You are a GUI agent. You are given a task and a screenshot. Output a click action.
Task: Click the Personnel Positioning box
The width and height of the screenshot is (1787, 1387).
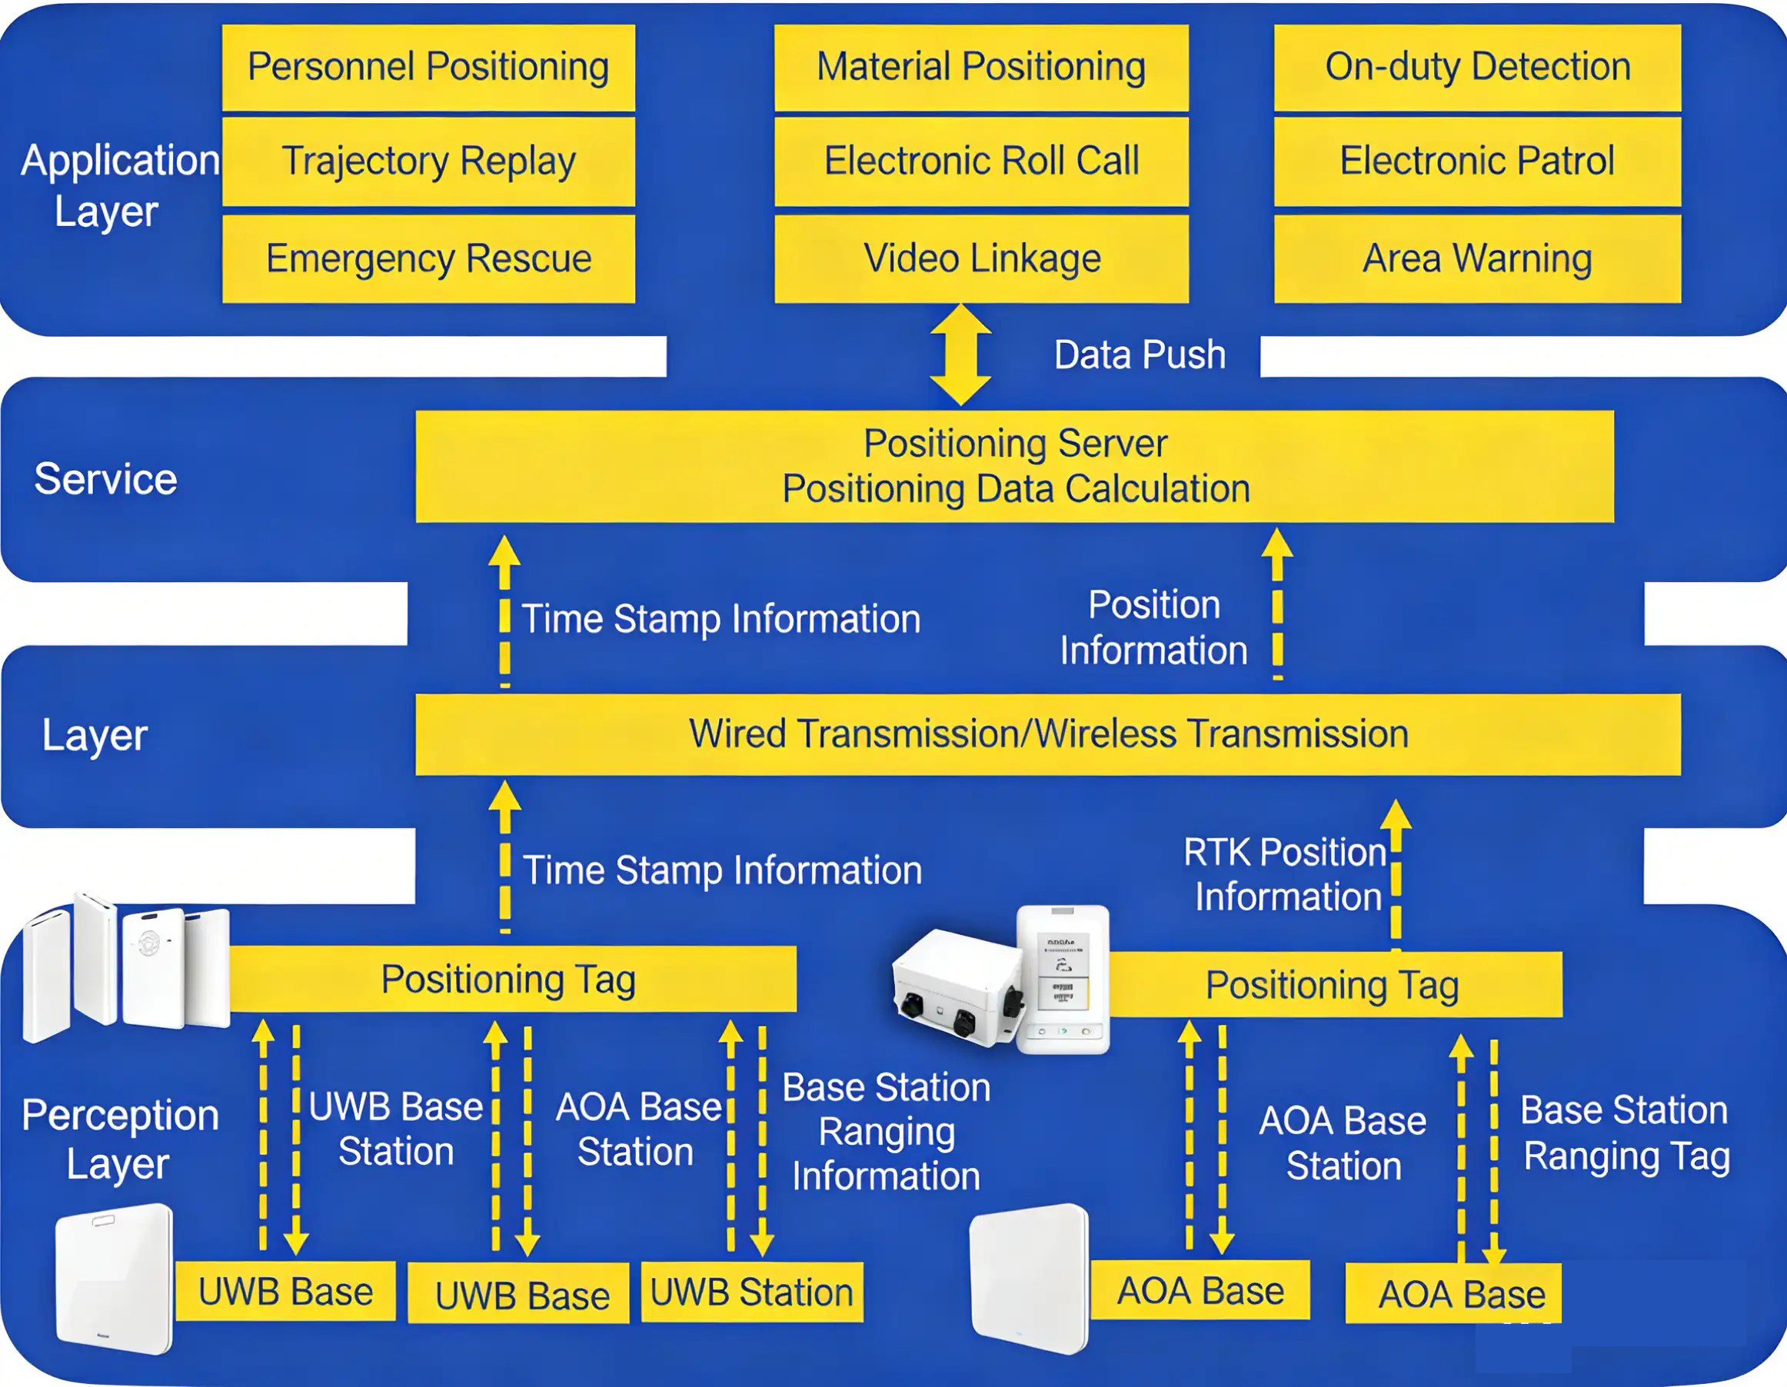pyautogui.click(x=428, y=67)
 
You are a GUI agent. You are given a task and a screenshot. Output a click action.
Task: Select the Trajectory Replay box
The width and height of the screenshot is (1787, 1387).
pyautogui.click(x=428, y=161)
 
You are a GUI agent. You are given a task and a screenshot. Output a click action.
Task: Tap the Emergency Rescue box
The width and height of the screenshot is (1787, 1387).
pyautogui.click(x=428, y=258)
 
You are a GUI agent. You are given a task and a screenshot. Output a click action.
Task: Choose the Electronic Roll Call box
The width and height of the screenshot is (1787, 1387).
pyautogui.click(x=981, y=161)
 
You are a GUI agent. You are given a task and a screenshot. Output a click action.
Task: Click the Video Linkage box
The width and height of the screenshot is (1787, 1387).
pyautogui.click(x=981, y=258)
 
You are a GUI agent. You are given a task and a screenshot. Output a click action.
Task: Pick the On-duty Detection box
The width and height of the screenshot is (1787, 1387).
pyautogui.click(x=1477, y=67)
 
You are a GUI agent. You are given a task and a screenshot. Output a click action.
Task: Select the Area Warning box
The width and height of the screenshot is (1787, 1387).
pyautogui.click(x=1477, y=258)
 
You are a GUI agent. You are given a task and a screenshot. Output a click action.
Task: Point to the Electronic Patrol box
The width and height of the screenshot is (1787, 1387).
pyautogui.click(x=1477, y=161)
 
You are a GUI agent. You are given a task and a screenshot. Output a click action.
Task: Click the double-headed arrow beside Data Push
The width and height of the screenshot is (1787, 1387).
pyautogui.click(x=960, y=354)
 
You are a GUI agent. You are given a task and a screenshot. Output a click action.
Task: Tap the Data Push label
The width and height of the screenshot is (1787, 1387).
pyautogui.click(x=1139, y=355)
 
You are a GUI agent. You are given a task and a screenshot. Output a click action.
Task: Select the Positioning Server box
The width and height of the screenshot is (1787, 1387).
pyautogui.click(x=1014, y=467)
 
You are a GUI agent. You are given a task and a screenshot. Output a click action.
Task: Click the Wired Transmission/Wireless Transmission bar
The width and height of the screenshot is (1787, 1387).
pyautogui.click(x=1047, y=734)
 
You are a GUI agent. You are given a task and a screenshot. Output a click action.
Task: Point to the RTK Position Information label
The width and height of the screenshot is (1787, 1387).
pyautogui.click(x=1286, y=874)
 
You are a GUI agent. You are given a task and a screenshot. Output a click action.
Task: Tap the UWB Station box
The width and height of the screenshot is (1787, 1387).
pyautogui.click(x=751, y=1292)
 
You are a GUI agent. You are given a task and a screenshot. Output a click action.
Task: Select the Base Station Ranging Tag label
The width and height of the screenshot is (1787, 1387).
pyautogui.click(x=1625, y=1133)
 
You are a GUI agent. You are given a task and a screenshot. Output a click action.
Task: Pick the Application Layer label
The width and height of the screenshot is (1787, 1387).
pyautogui.click(x=119, y=185)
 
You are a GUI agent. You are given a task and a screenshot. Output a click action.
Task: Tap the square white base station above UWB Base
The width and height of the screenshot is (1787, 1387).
pyautogui.click(x=115, y=1276)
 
